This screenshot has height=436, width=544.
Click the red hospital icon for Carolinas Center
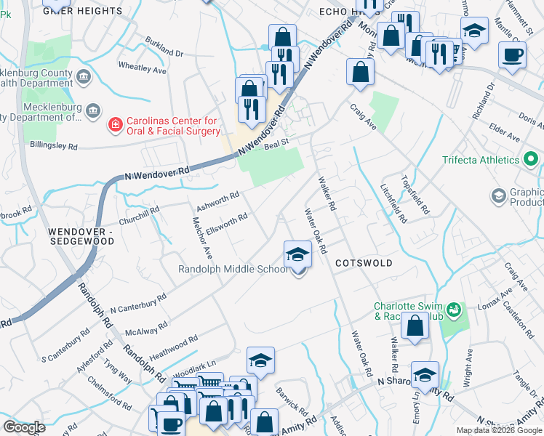pyautogui.click(x=114, y=126)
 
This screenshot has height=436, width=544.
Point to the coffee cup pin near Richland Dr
pyautogui.click(x=512, y=54)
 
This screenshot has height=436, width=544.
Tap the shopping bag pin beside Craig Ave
pyautogui.click(x=360, y=73)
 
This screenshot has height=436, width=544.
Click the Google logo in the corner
pyautogui.click(x=24, y=427)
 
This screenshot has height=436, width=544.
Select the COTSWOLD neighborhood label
pyautogui.click(x=364, y=263)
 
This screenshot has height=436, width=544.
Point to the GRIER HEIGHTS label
pyautogui.click(x=82, y=11)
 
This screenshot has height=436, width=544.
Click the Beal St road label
pyautogui.click(x=276, y=145)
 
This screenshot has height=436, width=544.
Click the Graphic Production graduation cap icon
pyautogui.click(x=499, y=195)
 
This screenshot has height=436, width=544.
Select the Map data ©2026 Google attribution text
pyautogui.click(x=499, y=430)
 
